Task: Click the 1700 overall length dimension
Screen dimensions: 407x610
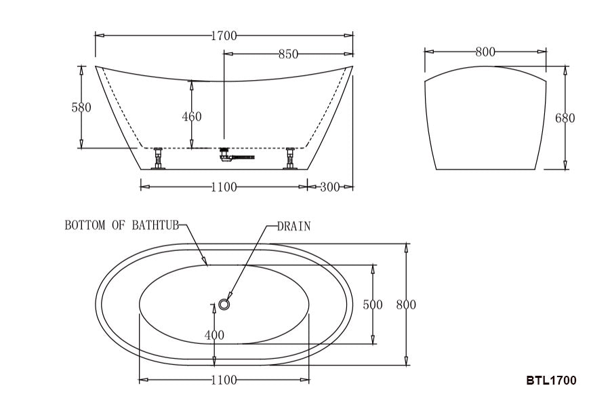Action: (224, 36)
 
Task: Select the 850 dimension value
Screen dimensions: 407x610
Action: (288, 54)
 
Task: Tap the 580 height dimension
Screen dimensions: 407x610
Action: (81, 107)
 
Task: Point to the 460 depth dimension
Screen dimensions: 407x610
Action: (192, 117)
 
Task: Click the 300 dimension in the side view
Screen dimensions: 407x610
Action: (329, 187)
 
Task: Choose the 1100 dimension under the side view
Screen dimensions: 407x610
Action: (224, 187)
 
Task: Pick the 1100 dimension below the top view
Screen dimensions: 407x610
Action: (224, 381)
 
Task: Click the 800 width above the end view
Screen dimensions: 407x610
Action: (485, 52)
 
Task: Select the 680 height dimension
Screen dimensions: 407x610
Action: (565, 118)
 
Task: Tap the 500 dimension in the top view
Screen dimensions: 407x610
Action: (373, 305)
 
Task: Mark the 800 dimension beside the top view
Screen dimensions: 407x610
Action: (406, 305)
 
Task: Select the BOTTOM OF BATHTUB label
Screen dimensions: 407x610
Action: (121, 226)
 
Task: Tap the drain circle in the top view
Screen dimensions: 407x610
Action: (226, 303)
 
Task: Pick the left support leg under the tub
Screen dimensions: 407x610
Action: (159, 158)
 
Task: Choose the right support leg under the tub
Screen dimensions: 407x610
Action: (290, 158)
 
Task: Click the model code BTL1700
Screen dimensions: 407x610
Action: (551, 381)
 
